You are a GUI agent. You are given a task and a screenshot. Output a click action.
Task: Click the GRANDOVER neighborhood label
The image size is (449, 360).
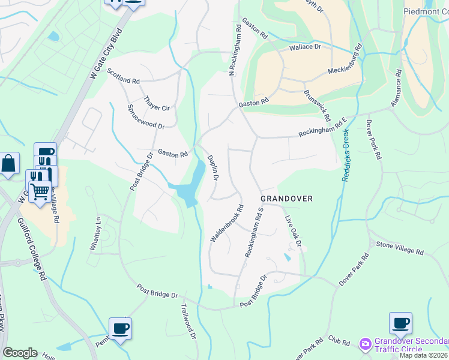[286, 199]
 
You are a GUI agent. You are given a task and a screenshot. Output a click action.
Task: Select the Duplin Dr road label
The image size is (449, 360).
[212, 168]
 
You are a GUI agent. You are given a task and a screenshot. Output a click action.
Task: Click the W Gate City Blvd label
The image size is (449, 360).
[106, 54]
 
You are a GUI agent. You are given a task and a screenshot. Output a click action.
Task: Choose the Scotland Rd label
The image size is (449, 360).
[123, 76]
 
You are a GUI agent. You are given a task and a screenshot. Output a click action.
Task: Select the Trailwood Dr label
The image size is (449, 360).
[188, 320]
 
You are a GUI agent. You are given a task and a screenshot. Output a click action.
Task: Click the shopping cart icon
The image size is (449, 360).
[40, 191]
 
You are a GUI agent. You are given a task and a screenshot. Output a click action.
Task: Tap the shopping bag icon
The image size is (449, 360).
[9, 163]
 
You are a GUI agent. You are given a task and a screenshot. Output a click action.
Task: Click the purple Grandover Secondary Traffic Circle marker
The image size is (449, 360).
[365, 344]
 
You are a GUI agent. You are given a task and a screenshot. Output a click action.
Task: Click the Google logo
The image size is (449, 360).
[20, 353]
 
